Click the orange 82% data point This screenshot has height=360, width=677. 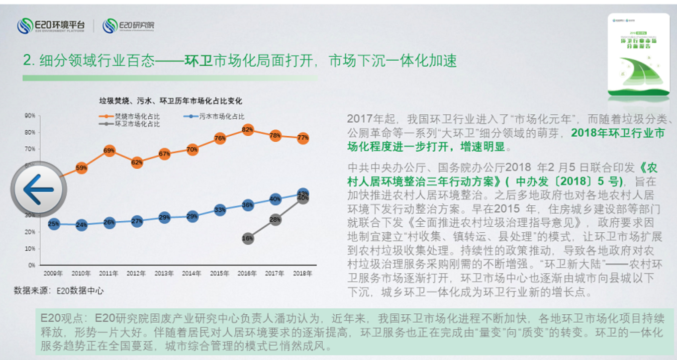tap(248, 130)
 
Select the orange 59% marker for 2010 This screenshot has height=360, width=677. tap(82, 168)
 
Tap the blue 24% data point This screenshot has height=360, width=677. tap(82, 225)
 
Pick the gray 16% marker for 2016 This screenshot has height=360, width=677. tap(248, 238)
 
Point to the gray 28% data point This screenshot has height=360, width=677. tap(275, 219)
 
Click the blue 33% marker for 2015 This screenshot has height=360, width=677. tap(220, 210)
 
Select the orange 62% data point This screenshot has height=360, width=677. tap(137, 162)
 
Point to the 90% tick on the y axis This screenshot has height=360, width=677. tap(29, 115)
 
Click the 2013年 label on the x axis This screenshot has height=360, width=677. tap(164, 273)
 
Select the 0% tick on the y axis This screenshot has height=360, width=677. tap(31, 265)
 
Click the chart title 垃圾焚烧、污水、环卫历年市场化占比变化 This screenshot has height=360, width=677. tap(170, 101)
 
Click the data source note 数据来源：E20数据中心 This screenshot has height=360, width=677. tap(59, 290)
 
